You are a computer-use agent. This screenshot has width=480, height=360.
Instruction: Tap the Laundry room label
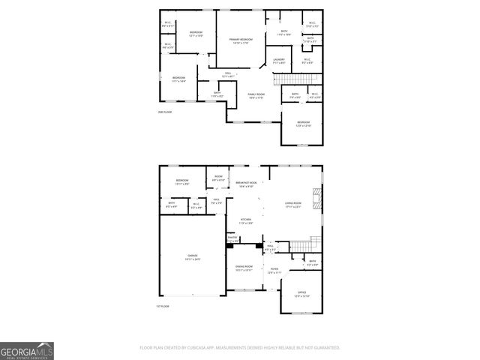coord(278,61)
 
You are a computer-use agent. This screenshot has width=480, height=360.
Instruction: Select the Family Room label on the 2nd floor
coord(256,95)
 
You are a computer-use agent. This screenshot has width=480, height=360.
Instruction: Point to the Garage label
coord(193,257)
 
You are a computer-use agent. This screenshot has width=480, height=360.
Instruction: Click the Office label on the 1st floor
coord(301,295)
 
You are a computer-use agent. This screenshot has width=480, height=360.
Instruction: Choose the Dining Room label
coord(244,268)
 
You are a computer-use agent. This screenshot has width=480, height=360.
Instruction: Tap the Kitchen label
coord(245,220)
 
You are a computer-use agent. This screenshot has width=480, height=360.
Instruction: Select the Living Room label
coord(292,203)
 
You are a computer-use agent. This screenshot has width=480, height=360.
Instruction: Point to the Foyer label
coord(274,271)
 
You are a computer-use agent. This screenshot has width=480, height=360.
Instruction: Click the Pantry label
coord(232,238)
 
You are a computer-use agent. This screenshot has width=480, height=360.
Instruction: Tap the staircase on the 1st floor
coord(302,244)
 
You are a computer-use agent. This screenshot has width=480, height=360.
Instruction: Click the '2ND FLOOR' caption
coord(164,112)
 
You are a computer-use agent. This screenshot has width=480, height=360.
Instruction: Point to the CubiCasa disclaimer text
coord(240,348)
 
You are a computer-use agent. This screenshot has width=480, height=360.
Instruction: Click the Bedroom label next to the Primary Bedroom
coord(196,34)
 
